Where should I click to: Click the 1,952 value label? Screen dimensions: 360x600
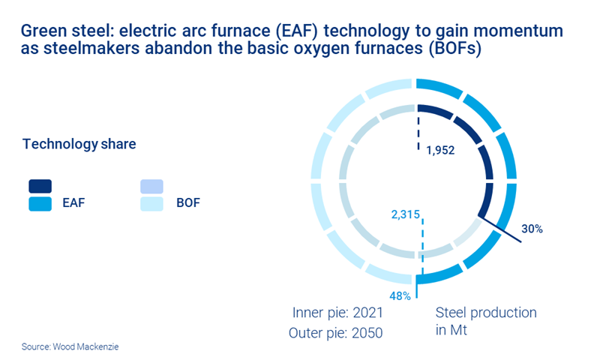[x=440, y=149]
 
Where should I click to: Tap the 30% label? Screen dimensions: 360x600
[x=532, y=229]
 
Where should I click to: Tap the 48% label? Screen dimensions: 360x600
[x=399, y=295]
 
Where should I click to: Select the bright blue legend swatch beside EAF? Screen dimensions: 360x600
[x=40, y=202]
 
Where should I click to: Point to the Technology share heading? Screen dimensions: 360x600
[x=79, y=144]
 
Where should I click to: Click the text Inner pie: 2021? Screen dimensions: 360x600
[x=339, y=312]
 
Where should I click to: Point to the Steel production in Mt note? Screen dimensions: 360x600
[x=486, y=321]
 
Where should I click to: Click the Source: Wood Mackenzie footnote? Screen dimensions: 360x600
[x=60, y=347]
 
